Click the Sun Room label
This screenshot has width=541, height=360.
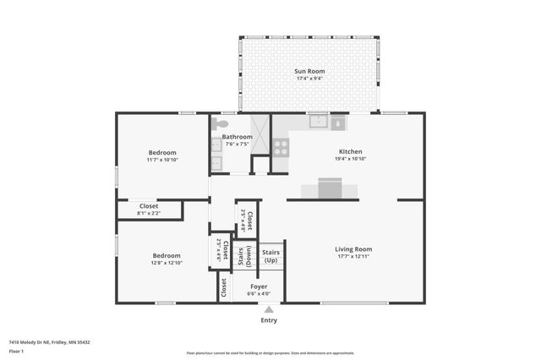(309, 71)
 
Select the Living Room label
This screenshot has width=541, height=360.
(353, 249)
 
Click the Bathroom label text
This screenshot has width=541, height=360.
(237, 137)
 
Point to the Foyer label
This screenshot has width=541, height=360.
(259, 286)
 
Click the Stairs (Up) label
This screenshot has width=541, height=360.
(270, 256)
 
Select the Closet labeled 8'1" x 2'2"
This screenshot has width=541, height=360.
(149, 205)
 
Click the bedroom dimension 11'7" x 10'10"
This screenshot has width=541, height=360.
(162, 160)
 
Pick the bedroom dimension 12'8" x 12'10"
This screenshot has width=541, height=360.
(167, 263)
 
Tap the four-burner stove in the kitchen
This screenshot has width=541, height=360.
(280, 145)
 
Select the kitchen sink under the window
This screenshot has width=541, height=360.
(318, 122)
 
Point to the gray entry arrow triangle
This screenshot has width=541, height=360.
(269, 310)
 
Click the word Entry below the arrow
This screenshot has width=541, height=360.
(269, 320)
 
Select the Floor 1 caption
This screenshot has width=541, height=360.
(16, 351)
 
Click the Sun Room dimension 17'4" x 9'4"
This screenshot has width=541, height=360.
(309, 79)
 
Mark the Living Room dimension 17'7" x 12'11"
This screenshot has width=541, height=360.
(353, 258)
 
